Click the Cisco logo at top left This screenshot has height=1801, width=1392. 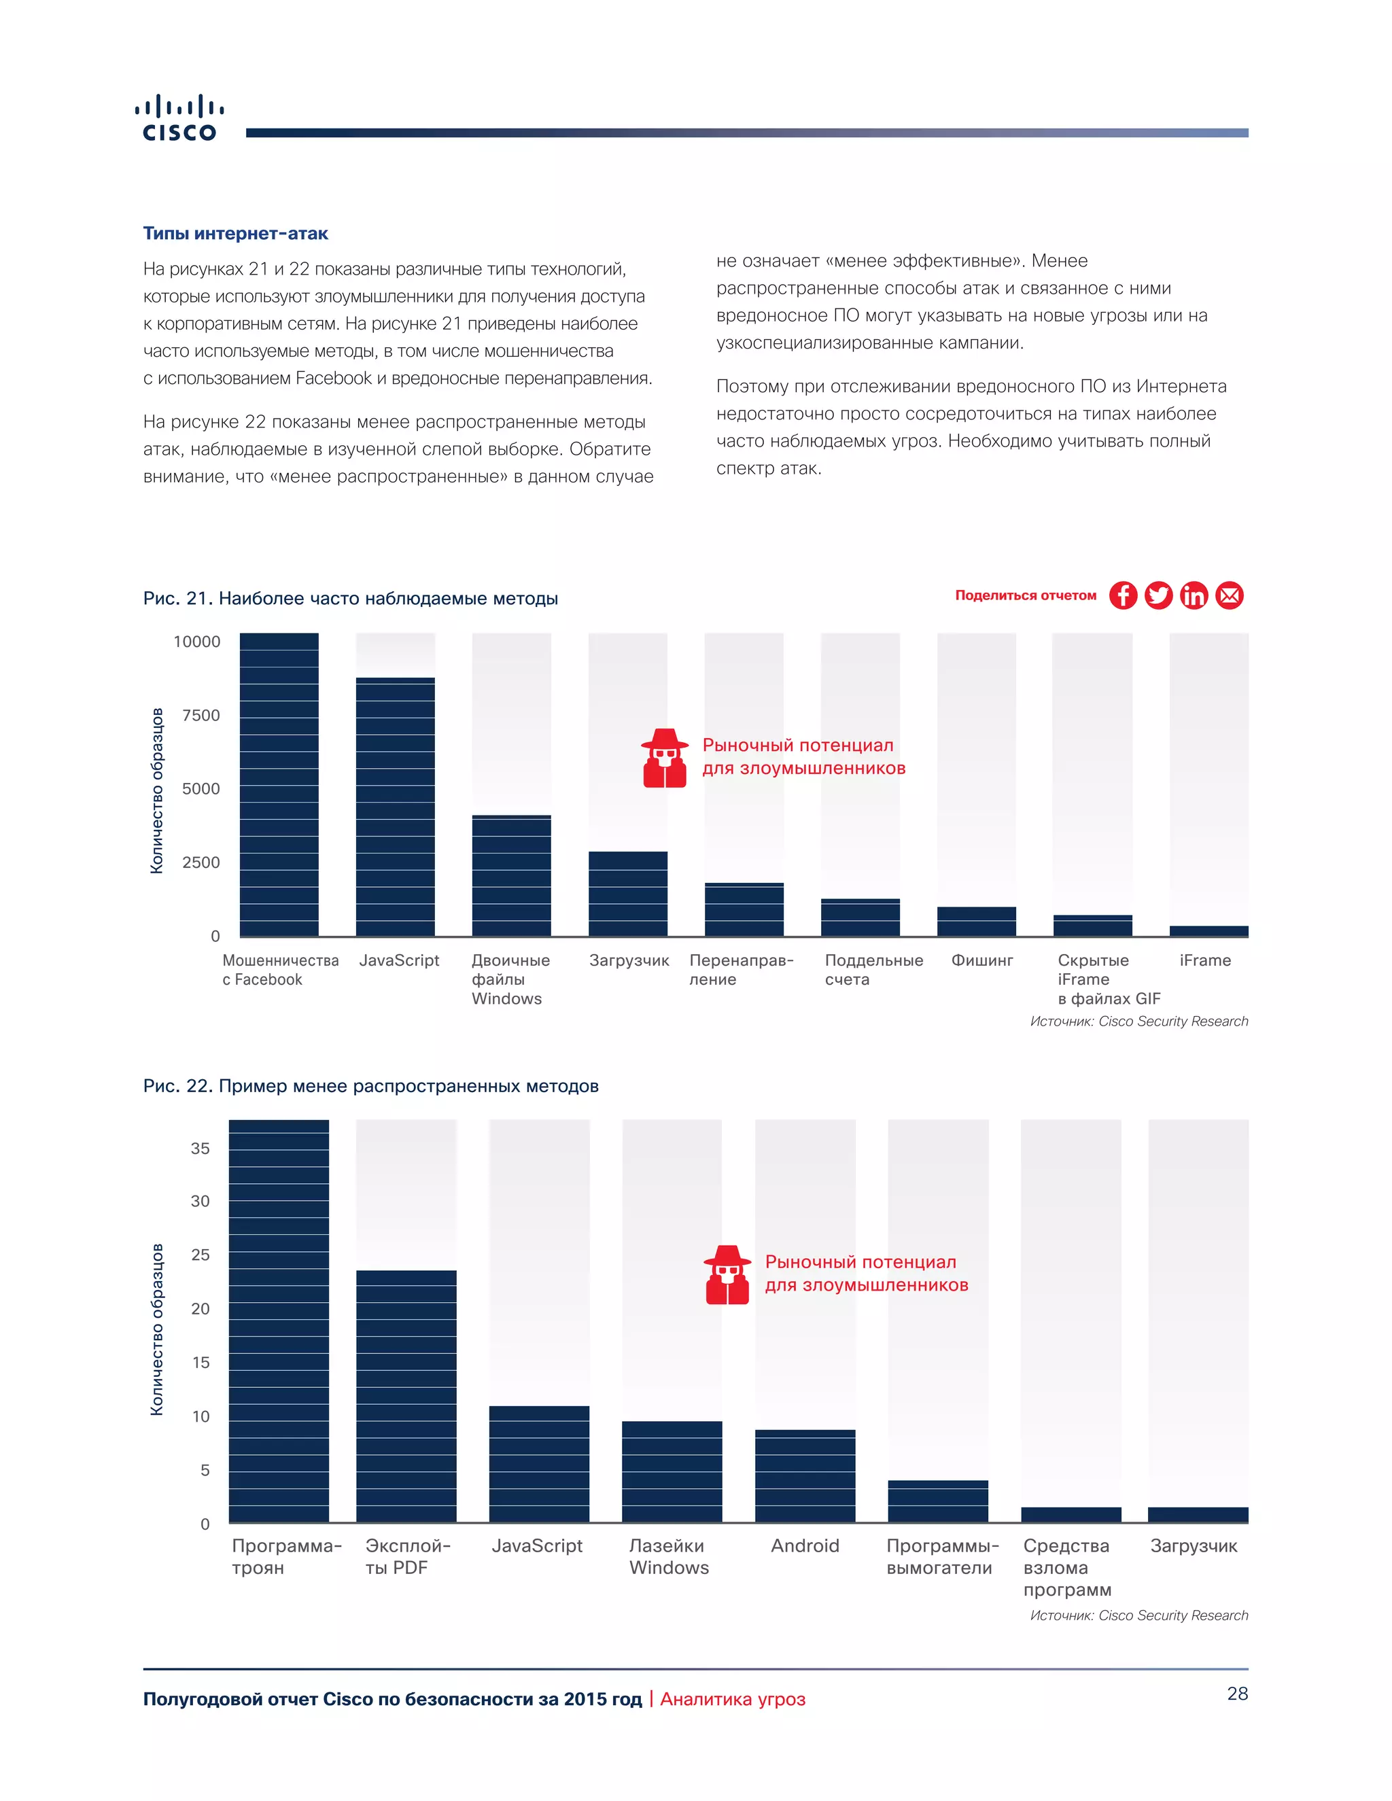(x=179, y=119)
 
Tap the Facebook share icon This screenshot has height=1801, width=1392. (x=1122, y=595)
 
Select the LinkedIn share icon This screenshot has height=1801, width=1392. (x=1194, y=595)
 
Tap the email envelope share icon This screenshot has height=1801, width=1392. (x=1229, y=595)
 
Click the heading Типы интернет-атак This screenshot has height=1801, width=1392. (x=235, y=233)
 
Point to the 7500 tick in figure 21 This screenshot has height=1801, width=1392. (x=201, y=715)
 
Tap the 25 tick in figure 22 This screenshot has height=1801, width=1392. (x=201, y=1255)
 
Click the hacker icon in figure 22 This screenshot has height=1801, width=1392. (x=727, y=1275)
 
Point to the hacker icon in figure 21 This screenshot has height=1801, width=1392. (x=664, y=758)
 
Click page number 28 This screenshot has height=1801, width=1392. (x=1237, y=1693)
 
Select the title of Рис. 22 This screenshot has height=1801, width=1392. (x=370, y=1085)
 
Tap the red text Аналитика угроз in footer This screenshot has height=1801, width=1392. (x=732, y=1699)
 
